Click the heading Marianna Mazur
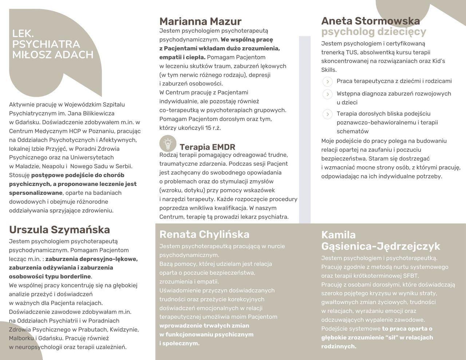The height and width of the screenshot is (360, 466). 200,21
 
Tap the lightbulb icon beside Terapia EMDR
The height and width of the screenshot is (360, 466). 168,143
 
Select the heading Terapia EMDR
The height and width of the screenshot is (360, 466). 207,147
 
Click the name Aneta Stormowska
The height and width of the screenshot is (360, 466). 370,21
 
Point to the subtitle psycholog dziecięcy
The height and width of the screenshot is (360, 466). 374,32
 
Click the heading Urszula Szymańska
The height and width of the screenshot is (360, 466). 59,230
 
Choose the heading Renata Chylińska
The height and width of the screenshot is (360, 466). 204,234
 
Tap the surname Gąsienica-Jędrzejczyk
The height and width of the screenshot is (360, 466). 380,246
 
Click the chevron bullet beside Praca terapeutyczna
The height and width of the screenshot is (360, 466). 327,82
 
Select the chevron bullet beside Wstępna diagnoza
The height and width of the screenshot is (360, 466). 327,94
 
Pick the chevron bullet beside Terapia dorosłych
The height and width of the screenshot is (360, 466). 327,114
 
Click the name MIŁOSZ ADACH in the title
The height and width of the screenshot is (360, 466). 53,55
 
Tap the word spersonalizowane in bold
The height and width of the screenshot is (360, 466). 36,193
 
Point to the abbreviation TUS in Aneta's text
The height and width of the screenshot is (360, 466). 351,52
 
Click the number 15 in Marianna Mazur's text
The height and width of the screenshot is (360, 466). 208,128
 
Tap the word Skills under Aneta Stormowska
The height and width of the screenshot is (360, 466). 328,70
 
